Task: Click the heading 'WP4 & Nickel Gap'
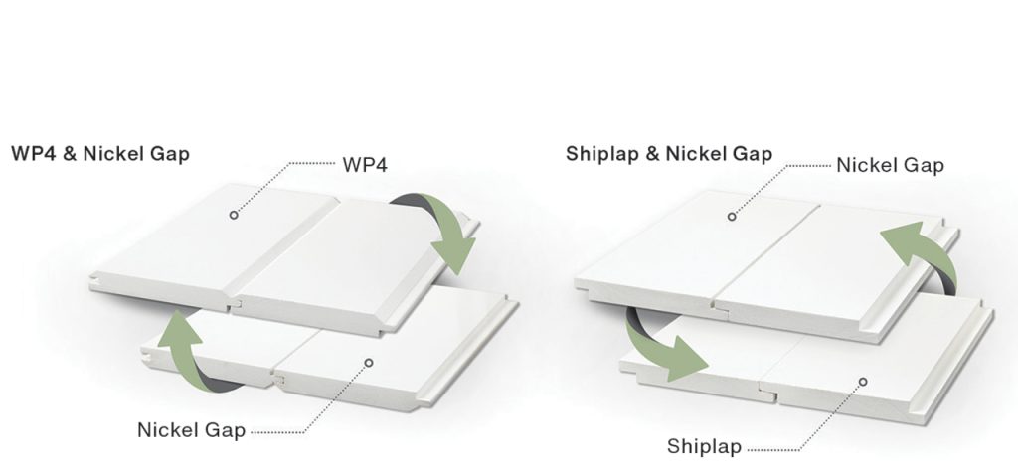click(99, 155)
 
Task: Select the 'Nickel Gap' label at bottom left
click(191, 430)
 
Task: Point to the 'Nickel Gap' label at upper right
click(890, 164)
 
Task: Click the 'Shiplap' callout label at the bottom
click(704, 447)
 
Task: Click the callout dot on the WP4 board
click(234, 215)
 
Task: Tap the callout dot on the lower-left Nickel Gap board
click(369, 363)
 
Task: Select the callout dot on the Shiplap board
click(863, 381)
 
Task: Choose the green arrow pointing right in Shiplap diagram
click(660, 346)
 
